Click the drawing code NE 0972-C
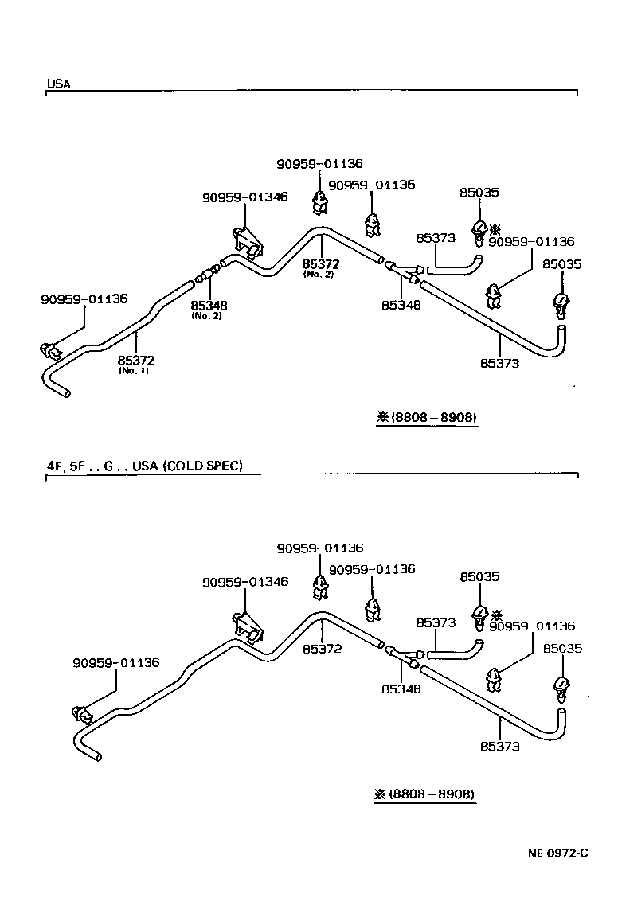point(557,854)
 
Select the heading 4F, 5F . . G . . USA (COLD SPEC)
point(144,466)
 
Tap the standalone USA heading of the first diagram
point(58,84)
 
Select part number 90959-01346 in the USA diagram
point(244,197)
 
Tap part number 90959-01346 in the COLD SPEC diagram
point(244,583)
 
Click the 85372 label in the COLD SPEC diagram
point(322,649)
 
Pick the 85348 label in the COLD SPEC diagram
point(401,689)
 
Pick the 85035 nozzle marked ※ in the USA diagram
point(479,230)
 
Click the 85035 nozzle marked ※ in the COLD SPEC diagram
point(479,615)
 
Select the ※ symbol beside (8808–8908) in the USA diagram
point(382,417)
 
